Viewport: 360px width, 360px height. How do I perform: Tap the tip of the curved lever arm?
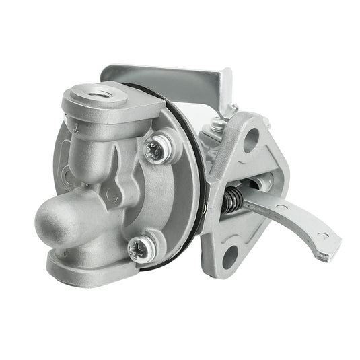[327, 250]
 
